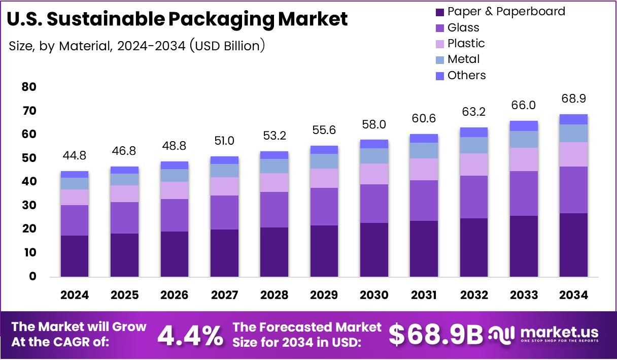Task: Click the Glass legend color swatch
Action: click(x=439, y=27)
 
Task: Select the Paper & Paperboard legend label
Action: click(x=506, y=11)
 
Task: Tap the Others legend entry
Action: click(x=466, y=75)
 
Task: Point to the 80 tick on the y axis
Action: click(x=29, y=87)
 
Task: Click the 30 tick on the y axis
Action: click(x=29, y=205)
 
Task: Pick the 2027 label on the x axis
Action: click(x=224, y=295)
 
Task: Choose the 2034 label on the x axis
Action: click(x=573, y=295)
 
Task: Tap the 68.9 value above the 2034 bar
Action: click(x=573, y=98)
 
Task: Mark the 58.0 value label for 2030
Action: click(x=374, y=124)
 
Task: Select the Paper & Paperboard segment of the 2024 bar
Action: click(x=75, y=256)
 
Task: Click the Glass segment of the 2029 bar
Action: click(x=324, y=207)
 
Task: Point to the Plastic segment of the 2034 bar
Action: click(x=573, y=154)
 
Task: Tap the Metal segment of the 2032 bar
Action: click(x=473, y=145)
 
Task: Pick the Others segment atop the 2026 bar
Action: click(x=175, y=165)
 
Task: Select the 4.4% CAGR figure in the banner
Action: click(x=190, y=335)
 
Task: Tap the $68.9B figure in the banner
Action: click(x=436, y=335)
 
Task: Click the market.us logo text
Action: click(x=559, y=333)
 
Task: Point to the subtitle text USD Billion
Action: click(x=227, y=46)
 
